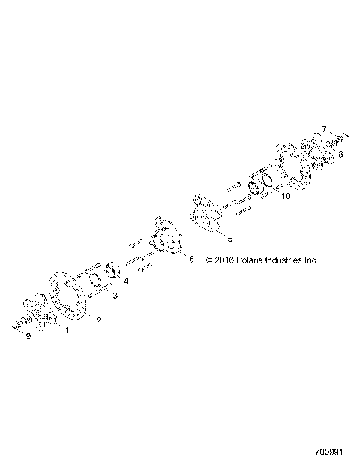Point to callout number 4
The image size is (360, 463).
[125, 281]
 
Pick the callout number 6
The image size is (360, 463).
[190, 260]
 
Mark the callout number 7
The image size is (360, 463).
[324, 128]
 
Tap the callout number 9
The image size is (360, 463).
[28, 336]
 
